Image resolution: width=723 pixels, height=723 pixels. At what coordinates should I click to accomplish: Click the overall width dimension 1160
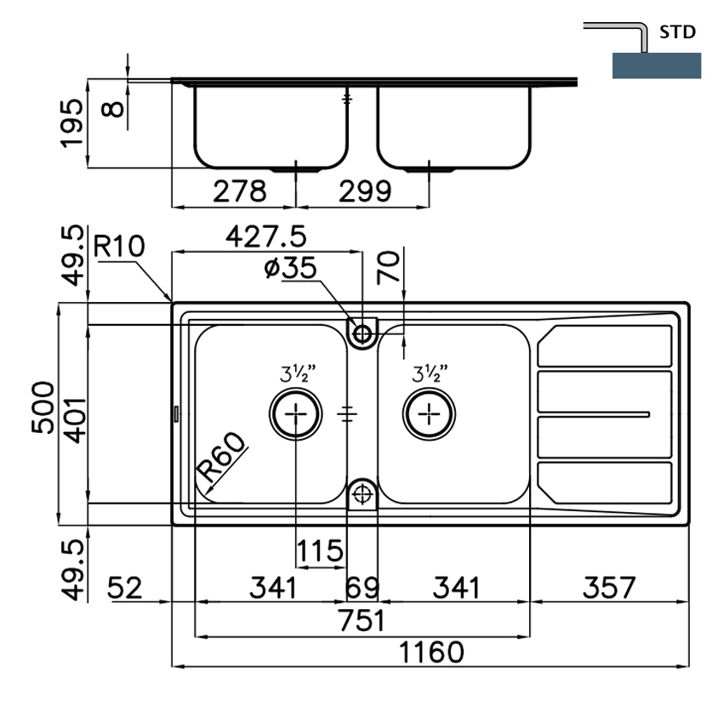click(x=433, y=652)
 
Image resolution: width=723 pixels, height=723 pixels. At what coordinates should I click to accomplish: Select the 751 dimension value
click(x=362, y=620)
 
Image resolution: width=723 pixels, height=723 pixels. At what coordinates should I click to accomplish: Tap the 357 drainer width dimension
click(x=609, y=587)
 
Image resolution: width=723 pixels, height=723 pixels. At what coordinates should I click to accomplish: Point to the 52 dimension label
click(x=128, y=587)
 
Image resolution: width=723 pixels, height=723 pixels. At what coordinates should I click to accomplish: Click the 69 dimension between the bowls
click(x=362, y=587)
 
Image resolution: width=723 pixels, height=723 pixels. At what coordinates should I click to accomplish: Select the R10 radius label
click(x=119, y=247)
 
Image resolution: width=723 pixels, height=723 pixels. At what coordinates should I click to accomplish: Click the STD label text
click(x=678, y=33)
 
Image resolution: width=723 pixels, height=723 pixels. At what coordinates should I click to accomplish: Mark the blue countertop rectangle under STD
click(x=656, y=65)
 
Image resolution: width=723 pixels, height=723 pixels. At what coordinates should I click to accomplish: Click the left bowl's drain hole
click(x=295, y=413)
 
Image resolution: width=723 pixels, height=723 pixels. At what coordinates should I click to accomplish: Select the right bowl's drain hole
click(x=430, y=413)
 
